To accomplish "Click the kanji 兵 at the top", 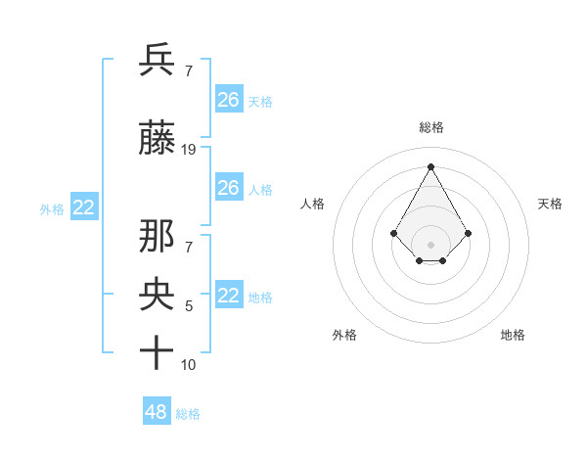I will [158, 60].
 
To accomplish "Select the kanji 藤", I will [158, 140].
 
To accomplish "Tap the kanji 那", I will [158, 238].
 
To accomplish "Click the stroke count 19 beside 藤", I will [189, 150].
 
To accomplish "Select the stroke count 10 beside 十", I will [189, 365].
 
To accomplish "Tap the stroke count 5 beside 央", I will [189, 306].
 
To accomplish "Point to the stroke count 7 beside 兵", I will [188, 70].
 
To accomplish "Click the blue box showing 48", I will [157, 412].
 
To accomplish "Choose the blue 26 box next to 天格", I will [228, 100].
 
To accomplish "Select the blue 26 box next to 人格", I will [228, 188].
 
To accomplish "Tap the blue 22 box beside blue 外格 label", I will [84, 207].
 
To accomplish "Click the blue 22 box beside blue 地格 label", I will [228, 296].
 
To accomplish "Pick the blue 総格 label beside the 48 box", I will [188, 414].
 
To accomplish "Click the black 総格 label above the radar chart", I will [430, 127].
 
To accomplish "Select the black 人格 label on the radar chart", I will [313, 204].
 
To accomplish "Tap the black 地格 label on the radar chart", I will [513, 335].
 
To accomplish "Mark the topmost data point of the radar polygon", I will [430, 165].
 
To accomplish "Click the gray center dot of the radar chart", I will [430, 244].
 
